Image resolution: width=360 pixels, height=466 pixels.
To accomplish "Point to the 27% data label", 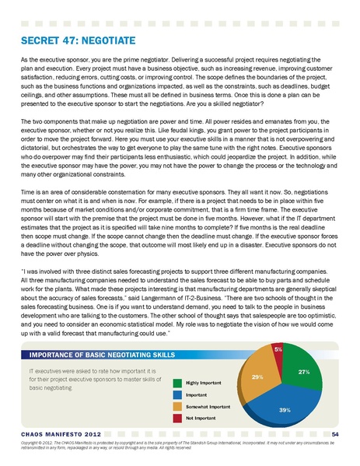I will pyautogui.click(x=305, y=372).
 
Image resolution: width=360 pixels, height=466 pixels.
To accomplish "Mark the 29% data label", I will pyautogui.click(x=257, y=376).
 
